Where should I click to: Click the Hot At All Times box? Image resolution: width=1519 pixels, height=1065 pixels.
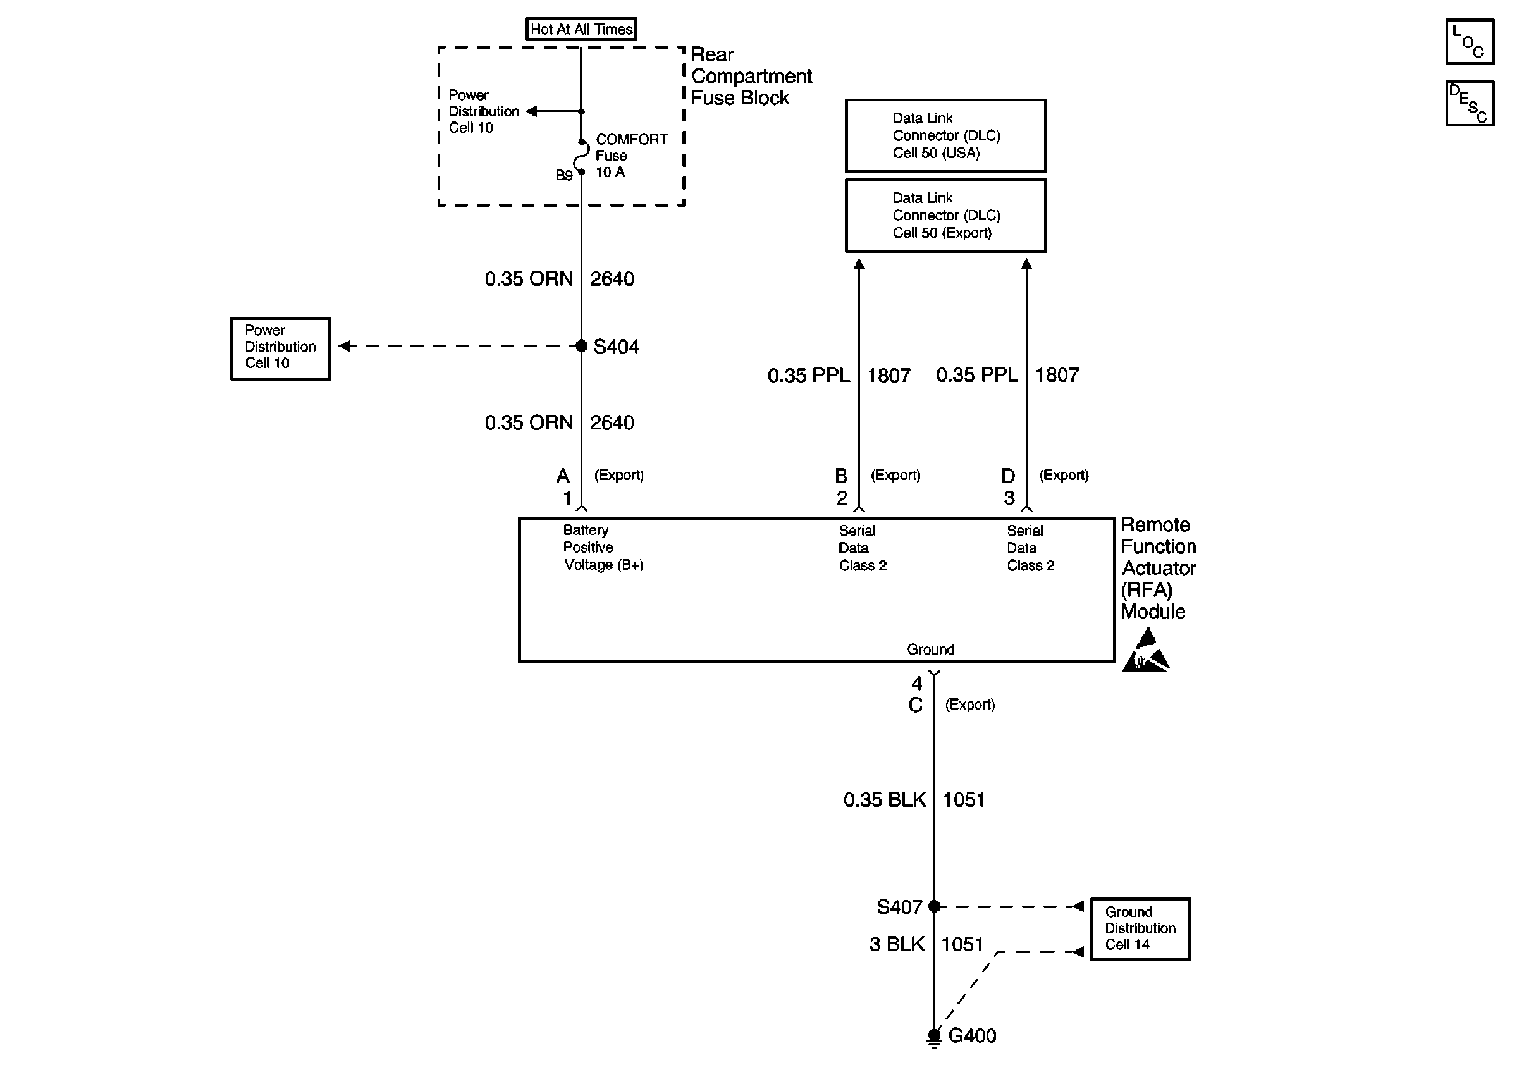[x=581, y=29]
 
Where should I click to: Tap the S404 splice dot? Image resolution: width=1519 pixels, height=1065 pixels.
[x=582, y=345]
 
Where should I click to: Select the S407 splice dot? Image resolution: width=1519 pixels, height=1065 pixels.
[x=934, y=906]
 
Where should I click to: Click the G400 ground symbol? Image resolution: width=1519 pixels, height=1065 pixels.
[x=934, y=1037]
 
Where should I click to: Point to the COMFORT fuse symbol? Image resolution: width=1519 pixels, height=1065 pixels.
[x=582, y=157]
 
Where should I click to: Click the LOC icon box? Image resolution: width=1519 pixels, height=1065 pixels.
[x=1470, y=42]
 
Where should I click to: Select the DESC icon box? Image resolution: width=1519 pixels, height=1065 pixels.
[x=1470, y=103]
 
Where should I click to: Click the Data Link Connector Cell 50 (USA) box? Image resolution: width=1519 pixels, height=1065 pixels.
[x=945, y=135]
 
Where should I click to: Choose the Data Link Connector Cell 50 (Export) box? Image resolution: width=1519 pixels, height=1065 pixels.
[x=945, y=215]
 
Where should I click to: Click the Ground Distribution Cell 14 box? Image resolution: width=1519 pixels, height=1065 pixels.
[x=1140, y=929]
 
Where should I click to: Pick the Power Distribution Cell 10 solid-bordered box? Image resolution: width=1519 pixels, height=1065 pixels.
[x=281, y=348]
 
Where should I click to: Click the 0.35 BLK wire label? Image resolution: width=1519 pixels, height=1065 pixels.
[x=885, y=800]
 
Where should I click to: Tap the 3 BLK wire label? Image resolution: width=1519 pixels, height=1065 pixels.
[x=897, y=944]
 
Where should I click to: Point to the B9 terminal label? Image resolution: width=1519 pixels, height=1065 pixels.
[x=563, y=175]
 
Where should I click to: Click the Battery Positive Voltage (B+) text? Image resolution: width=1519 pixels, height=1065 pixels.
[x=603, y=547]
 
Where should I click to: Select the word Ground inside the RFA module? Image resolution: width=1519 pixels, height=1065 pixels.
[x=930, y=649]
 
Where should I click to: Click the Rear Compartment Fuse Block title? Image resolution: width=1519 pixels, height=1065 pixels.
[x=751, y=76]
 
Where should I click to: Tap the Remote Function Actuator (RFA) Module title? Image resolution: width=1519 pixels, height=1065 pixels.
[x=1159, y=567]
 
